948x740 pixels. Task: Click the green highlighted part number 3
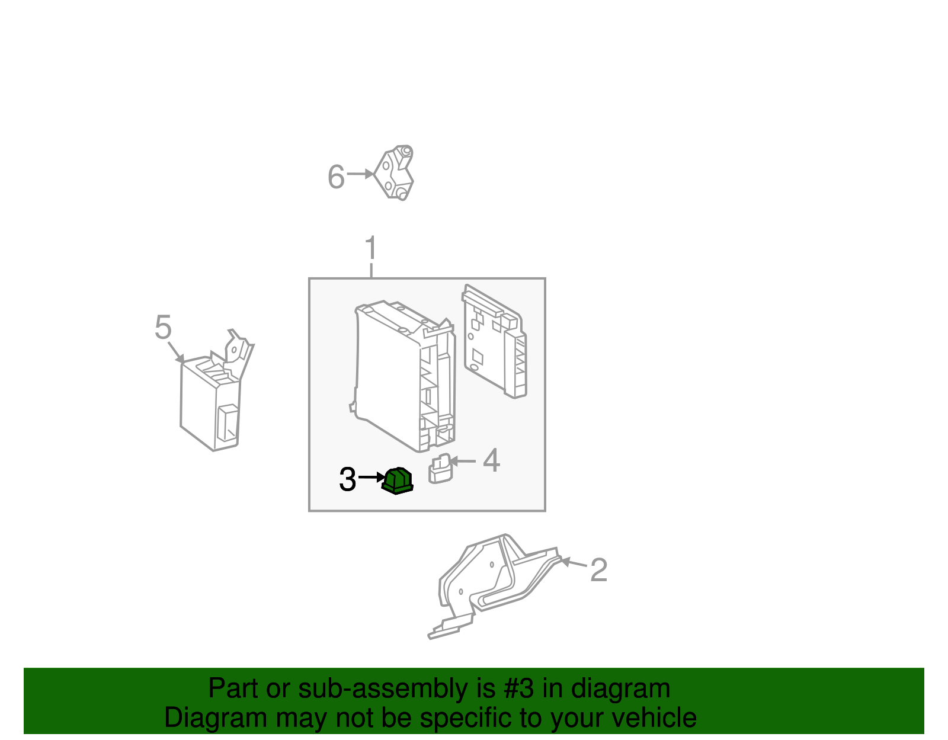point(398,480)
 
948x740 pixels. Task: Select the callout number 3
point(348,479)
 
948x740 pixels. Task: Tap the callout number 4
point(491,460)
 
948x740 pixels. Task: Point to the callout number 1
point(371,248)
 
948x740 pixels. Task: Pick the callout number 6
point(336,177)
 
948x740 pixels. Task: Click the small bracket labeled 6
point(395,173)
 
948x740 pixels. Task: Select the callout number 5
point(163,327)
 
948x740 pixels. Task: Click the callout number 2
point(598,570)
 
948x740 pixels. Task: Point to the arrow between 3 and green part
point(371,477)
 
